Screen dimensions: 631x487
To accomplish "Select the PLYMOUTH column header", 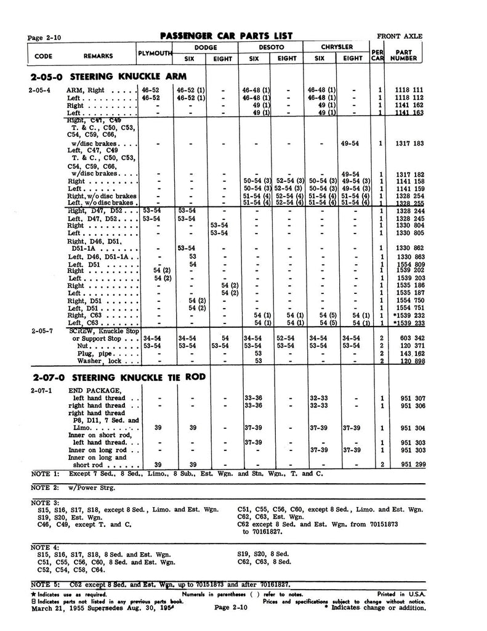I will click(x=154, y=54).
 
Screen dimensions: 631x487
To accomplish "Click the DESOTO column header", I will click(x=271, y=47).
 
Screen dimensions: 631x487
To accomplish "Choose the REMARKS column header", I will click(x=98, y=55).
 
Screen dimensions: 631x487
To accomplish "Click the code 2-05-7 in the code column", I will click(x=41, y=330).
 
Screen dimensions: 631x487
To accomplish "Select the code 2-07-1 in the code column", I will click(x=41, y=390).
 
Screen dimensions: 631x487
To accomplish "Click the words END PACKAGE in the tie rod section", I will click(x=95, y=390).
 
